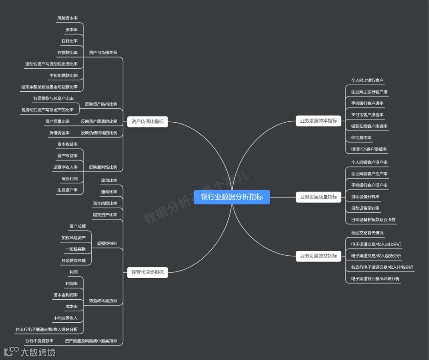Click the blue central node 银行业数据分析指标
point(232,197)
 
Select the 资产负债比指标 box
point(147,122)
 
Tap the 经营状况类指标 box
point(147,272)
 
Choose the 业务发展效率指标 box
point(318,121)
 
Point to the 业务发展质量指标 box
point(318,196)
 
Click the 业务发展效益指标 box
point(318,256)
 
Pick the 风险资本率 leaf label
point(67,18)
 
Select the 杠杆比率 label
point(70,41)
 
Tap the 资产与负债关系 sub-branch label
point(103,52)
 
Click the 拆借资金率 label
point(59,133)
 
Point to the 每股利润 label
point(70,179)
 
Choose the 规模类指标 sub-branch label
point(107,243)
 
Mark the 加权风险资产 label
point(73,238)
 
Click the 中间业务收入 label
point(65,318)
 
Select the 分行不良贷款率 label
point(39,341)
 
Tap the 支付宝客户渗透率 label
point(367,115)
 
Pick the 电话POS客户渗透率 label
point(369,149)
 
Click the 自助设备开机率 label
point(365,196)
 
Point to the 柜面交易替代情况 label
point(367,233)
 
